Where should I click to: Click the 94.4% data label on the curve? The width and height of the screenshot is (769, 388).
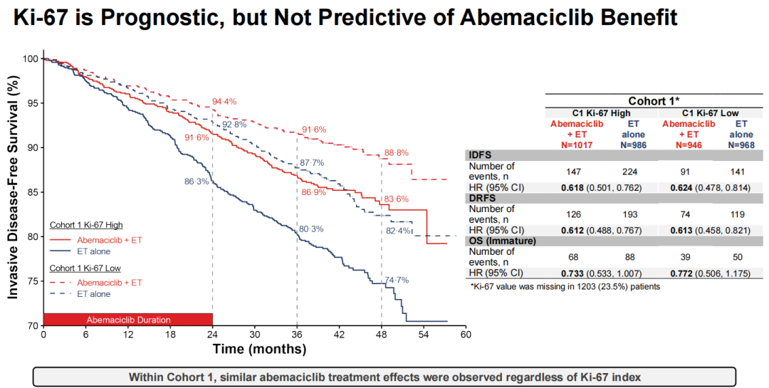[224, 102]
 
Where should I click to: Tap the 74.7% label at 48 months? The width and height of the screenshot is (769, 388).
[396, 280]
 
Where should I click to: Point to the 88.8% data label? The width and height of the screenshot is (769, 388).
[397, 152]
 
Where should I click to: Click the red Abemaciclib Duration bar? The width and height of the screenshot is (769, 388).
[128, 320]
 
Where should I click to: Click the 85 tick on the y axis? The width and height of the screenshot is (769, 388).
[33, 192]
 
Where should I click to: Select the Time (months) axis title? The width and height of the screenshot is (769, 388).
[259, 349]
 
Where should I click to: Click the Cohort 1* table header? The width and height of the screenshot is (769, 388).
[654, 101]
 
